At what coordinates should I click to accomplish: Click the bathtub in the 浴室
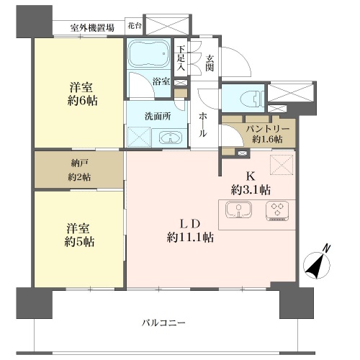(x=148, y=54)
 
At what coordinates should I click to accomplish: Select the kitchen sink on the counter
(x=238, y=210)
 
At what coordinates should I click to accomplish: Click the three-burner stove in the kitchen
(x=277, y=211)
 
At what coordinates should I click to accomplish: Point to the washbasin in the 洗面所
(x=170, y=138)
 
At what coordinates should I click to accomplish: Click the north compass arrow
(x=315, y=264)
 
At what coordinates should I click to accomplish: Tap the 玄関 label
(x=210, y=63)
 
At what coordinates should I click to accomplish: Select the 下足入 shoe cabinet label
(x=181, y=58)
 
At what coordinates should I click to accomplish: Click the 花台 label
(x=135, y=26)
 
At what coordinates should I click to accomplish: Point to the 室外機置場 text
(x=92, y=28)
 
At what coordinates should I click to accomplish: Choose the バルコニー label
(x=163, y=323)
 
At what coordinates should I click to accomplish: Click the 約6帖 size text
(x=83, y=101)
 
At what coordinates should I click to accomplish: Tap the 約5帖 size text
(x=79, y=241)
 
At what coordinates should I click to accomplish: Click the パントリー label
(x=268, y=129)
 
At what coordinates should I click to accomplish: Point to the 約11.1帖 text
(x=190, y=238)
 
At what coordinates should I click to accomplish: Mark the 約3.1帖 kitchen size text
(x=251, y=190)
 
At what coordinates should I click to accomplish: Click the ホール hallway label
(x=202, y=125)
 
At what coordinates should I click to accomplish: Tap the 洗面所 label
(x=158, y=117)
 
